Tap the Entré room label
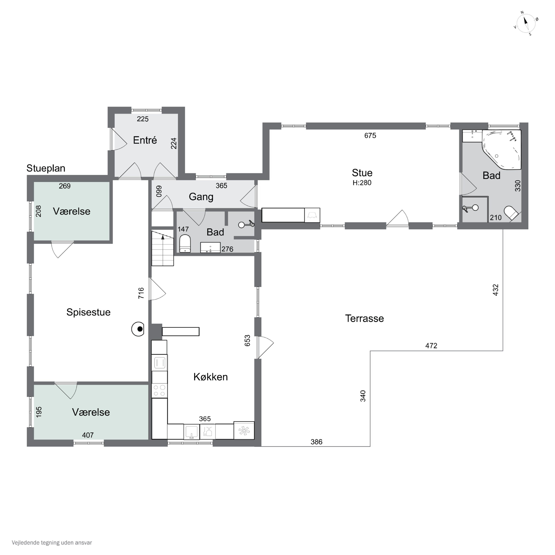(x=145, y=140)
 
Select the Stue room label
(x=362, y=173)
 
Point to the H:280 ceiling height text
(x=362, y=183)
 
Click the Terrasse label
(x=364, y=318)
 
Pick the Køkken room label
(x=211, y=377)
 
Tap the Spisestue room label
(x=88, y=312)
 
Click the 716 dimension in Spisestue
(x=141, y=293)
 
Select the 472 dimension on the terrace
(x=431, y=346)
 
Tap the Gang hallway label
(x=201, y=197)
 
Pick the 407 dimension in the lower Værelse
(x=88, y=435)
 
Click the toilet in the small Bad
(x=185, y=244)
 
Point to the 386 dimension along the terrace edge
(x=316, y=442)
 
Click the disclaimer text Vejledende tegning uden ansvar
(x=52, y=543)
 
